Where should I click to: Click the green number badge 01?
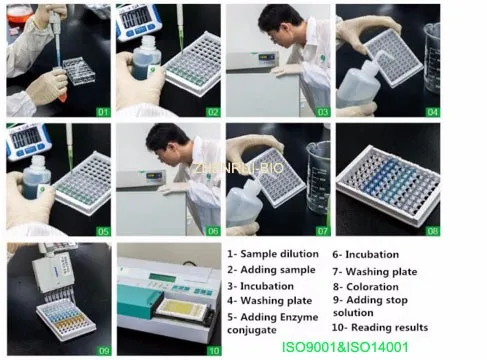(102, 112)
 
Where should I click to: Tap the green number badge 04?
(432, 112)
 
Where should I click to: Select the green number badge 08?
(432, 231)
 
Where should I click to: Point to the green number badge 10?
(212, 350)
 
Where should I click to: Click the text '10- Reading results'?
(380, 327)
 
